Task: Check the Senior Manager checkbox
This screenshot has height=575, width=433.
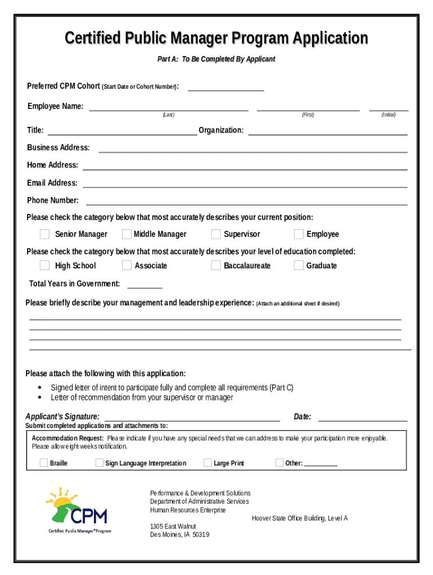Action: [x=44, y=234]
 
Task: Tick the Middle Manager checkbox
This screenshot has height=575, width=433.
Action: [x=127, y=234]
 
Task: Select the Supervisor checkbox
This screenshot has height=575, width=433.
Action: [x=216, y=234]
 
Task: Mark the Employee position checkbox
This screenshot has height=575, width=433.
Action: [x=299, y=234]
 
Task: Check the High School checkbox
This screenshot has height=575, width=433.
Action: [x=44, y=266]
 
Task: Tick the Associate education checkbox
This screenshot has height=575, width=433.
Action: [x=127, y=266]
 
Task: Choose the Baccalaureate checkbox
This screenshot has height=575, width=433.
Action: [x=216, y=266]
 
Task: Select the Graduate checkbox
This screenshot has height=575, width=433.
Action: [x=299, y=266]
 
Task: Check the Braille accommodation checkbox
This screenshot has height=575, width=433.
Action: [x=43, y=463]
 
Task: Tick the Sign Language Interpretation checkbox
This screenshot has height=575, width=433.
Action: [x=99, y=463]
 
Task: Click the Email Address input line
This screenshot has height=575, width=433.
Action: [x=245, y=183]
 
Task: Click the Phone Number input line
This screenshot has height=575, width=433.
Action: [x=246, y=200]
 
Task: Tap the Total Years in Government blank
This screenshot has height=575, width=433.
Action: [x=145, y=284]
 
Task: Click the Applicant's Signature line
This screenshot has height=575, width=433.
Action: [x=192, y=417]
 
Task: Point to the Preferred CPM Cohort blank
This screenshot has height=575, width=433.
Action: [x=225, y=86]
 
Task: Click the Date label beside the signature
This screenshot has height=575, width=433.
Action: [x=303, y=417]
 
